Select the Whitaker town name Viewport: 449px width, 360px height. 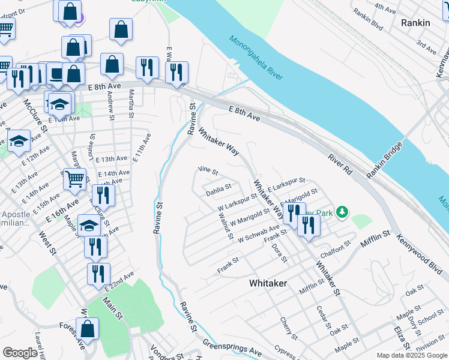pyautogui.click(x=268, y=283)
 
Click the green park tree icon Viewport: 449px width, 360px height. pyautogui.click(x=342, y=212)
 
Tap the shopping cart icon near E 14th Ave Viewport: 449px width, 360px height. pyautogui.click(x=74, y=178)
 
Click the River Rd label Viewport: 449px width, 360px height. pyautogui.click(x=340, y=165)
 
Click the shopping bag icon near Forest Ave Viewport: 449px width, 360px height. pyautogui.click(x=87, y=329)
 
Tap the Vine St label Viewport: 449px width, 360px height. pyautogui.click(x=208, y=171)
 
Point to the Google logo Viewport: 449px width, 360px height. pyautogui.click(x=20, y=353)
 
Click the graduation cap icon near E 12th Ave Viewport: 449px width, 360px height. pyautogui.click(x=19, y=141)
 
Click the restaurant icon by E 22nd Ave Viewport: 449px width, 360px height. pyautogui.click(x=98, y=273)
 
